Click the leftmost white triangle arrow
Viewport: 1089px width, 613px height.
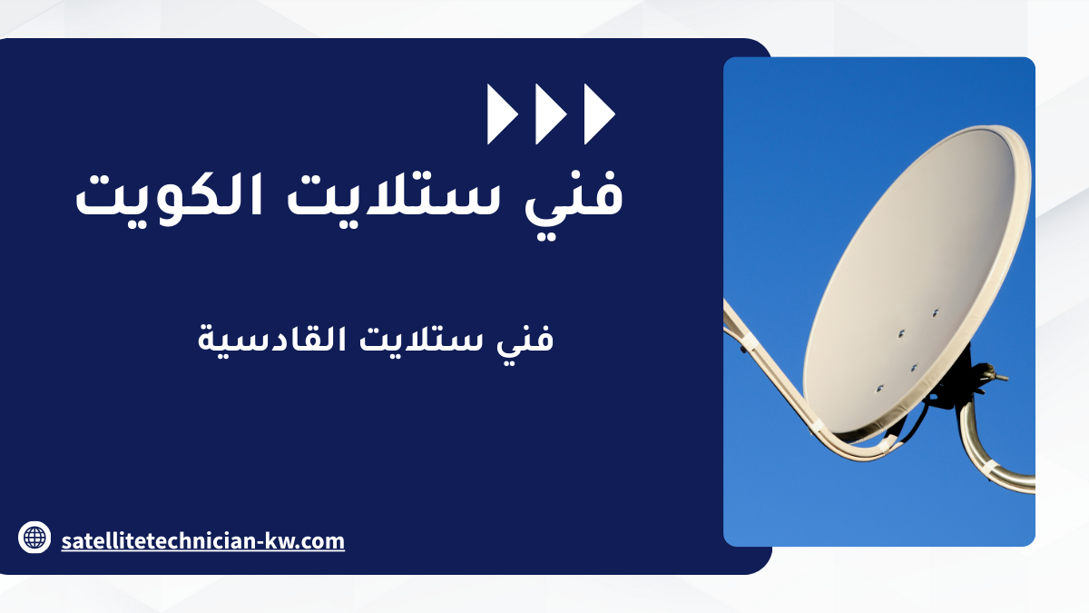pos(501,114)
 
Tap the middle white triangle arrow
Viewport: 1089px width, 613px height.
pos(549,114)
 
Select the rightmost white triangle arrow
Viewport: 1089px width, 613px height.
pos(598,114)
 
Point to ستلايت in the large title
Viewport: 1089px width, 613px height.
pos(393,194)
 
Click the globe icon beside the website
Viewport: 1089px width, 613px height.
pos(34,538)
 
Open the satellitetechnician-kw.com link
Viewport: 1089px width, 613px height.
pos(202,541)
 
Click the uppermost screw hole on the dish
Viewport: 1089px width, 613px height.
pos(935,312)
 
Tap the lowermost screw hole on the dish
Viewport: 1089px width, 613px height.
pos(879,389)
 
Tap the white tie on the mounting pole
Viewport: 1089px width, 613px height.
pos(988,469)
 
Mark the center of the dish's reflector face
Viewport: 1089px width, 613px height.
pos(909,282)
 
